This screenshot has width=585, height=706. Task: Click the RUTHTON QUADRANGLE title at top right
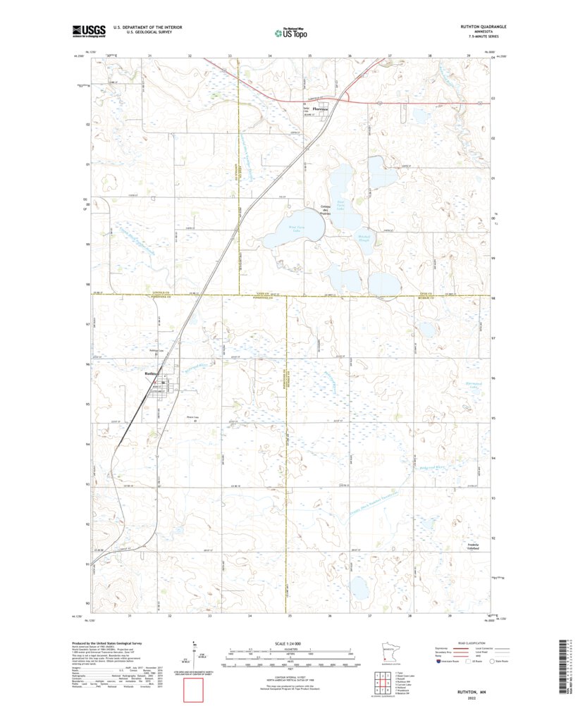pos(482,26)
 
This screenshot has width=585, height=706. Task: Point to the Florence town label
pos(321,109)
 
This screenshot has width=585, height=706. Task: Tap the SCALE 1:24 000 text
pos(290,643)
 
